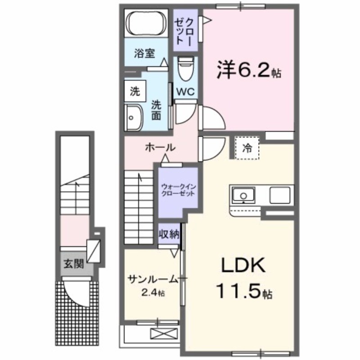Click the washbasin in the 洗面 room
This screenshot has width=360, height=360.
pos(133,117)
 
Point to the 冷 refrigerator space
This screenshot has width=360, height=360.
pos(247,147)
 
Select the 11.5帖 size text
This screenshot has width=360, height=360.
pos(245,292)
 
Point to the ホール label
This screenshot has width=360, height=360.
pos(160,147)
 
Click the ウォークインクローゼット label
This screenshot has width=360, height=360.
pos(178,189)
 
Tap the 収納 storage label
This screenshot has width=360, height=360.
pos(169,234)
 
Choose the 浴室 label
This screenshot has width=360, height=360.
pos(144,53)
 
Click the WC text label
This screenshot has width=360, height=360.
pos(184,91)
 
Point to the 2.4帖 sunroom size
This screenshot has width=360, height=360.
pos(153,293)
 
